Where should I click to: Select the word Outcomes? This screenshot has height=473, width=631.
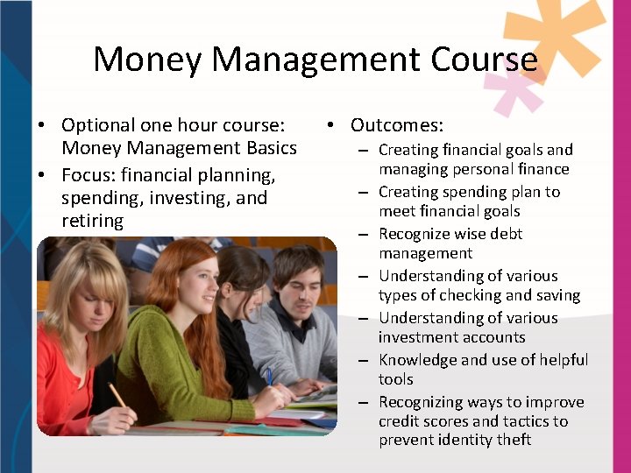tap(397, 125)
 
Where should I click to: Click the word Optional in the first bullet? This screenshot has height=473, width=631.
tap(96, 125)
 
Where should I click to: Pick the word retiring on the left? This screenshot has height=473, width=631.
tap(93, 221)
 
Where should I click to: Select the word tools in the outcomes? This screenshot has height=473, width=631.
tap(396, 379)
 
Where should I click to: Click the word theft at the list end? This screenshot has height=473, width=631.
tap(512, 440)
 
